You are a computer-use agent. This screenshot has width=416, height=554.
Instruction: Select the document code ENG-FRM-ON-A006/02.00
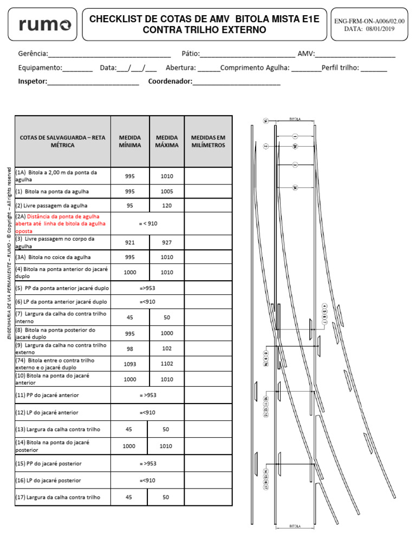(369, 21)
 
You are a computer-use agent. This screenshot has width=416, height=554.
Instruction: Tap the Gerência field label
(32, 54)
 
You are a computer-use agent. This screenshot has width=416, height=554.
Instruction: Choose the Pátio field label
(191, 54)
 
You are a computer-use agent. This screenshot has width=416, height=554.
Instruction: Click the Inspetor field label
(32, 82)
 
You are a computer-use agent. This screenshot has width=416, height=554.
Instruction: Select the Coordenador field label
(170, 82)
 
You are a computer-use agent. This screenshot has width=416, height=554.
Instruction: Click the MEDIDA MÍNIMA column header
(130, 141)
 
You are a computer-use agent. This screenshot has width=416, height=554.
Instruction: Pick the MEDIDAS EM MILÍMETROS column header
(208, 141)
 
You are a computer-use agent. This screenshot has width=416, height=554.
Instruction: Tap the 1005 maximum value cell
(167, 192)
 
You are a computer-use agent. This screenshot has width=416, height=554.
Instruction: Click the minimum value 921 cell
(130, 242)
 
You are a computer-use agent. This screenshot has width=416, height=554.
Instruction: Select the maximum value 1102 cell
(167, 364)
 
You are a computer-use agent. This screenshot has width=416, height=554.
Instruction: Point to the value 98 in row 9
(130, 348)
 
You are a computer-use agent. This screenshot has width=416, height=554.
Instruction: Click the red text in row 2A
(61, 223)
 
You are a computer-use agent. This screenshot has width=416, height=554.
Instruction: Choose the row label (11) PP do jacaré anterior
(47, 395)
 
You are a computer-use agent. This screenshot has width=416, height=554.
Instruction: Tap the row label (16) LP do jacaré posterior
(48, 480)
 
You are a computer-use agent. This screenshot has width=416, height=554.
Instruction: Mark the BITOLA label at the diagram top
(295, 120)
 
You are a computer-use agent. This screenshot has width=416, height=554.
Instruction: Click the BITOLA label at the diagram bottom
(295, 525)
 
